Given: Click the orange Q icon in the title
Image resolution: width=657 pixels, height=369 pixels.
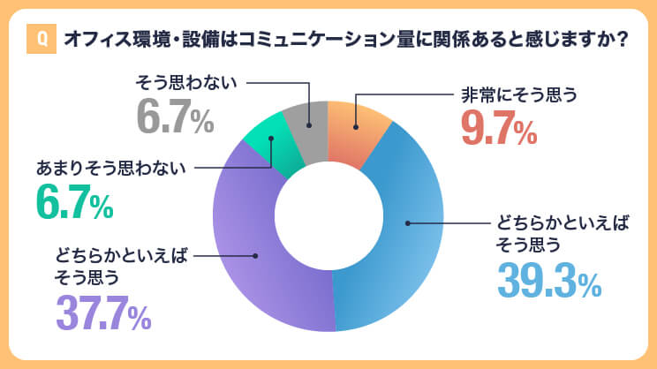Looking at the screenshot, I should [x=40, y=41].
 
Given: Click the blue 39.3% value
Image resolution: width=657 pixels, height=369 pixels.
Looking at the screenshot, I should [x=548, y=281].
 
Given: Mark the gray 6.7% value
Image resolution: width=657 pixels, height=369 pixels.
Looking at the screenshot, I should [x=175, y=117].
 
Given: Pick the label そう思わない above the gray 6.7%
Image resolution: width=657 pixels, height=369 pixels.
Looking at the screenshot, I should [x=186, y=85].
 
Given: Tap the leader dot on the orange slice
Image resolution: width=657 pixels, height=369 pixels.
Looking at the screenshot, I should [x=355, y=128].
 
